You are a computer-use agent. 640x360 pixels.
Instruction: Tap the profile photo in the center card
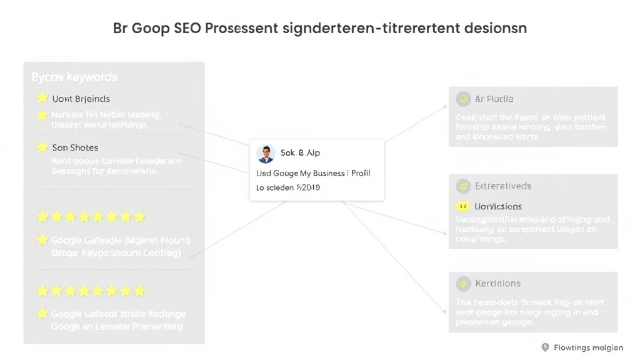(x=266, y=154)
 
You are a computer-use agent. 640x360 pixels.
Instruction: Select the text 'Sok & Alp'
(x=300, y=153)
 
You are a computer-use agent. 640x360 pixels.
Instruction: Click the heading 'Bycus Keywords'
(x=74, y=77)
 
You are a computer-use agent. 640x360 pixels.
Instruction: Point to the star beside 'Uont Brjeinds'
(x=42, y=98)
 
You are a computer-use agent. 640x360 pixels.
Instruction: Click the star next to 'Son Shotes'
(x=42, y=147)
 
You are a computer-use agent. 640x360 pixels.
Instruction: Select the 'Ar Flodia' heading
(x=494, y=99)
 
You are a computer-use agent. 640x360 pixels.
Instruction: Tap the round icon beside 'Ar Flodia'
(x=463, y=99)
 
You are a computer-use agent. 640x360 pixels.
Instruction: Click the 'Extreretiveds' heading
(x=503, y=186)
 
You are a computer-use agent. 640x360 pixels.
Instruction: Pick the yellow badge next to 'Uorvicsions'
(x=463, y=206)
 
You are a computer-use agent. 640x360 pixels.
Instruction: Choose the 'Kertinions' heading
(x=497, y=284)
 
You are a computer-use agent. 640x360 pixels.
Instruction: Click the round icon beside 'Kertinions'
(x=463, y=284)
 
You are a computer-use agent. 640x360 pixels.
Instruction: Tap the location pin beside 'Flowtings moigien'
(x=545, y=347)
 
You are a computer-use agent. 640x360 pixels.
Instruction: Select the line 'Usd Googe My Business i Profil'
(x=313, y=173)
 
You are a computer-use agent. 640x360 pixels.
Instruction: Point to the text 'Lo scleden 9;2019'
(x=288, y=187)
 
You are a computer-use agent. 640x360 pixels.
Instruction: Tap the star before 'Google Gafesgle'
(x=42, y=240)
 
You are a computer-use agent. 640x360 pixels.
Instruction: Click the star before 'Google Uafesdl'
(x=42, y=314)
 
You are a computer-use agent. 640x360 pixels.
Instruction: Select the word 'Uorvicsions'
(x=498, y=206)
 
